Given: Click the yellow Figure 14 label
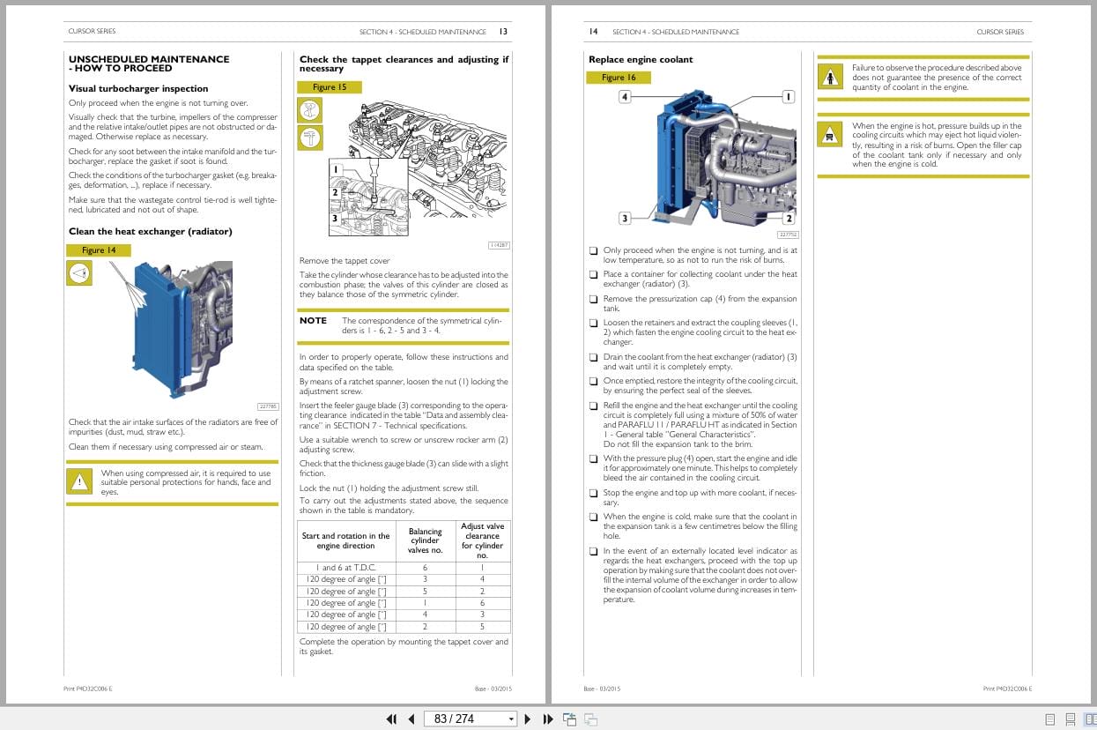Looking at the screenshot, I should click(99, 250).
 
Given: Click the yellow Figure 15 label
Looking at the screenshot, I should click(330, 87).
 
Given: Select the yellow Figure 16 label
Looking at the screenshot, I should click(619, 78).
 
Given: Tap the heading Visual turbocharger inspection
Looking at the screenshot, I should click(138, 88).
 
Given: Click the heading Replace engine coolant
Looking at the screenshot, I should click(641, 60).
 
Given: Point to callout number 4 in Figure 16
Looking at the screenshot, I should click(625, 96).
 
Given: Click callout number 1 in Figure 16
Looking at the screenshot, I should click(788, 96).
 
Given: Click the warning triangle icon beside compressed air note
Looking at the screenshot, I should click(80, 481).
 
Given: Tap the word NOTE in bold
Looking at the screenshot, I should click(313, 321).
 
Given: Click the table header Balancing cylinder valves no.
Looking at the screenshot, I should click(425, 540).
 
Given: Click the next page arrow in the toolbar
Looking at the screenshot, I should click(528, 719).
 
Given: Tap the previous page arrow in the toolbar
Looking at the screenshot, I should click(411, 719).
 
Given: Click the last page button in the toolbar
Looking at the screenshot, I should click(547, 719).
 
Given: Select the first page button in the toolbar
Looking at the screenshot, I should click(391, 719).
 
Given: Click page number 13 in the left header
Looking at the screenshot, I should click(502, 32).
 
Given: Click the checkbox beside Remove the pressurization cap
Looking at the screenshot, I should click(593, 299).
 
